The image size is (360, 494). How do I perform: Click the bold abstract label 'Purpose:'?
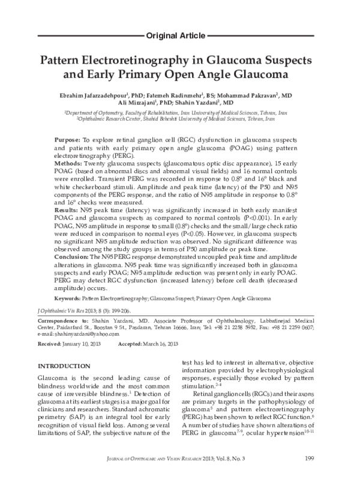tap(67, 138)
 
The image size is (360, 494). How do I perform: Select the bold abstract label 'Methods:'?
tap(68, 162)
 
